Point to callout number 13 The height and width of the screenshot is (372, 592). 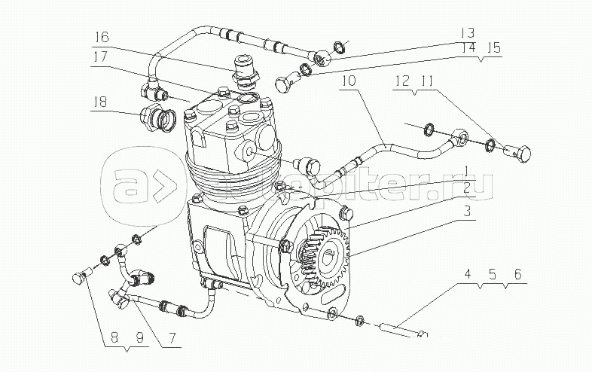click(x=468, y=32)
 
